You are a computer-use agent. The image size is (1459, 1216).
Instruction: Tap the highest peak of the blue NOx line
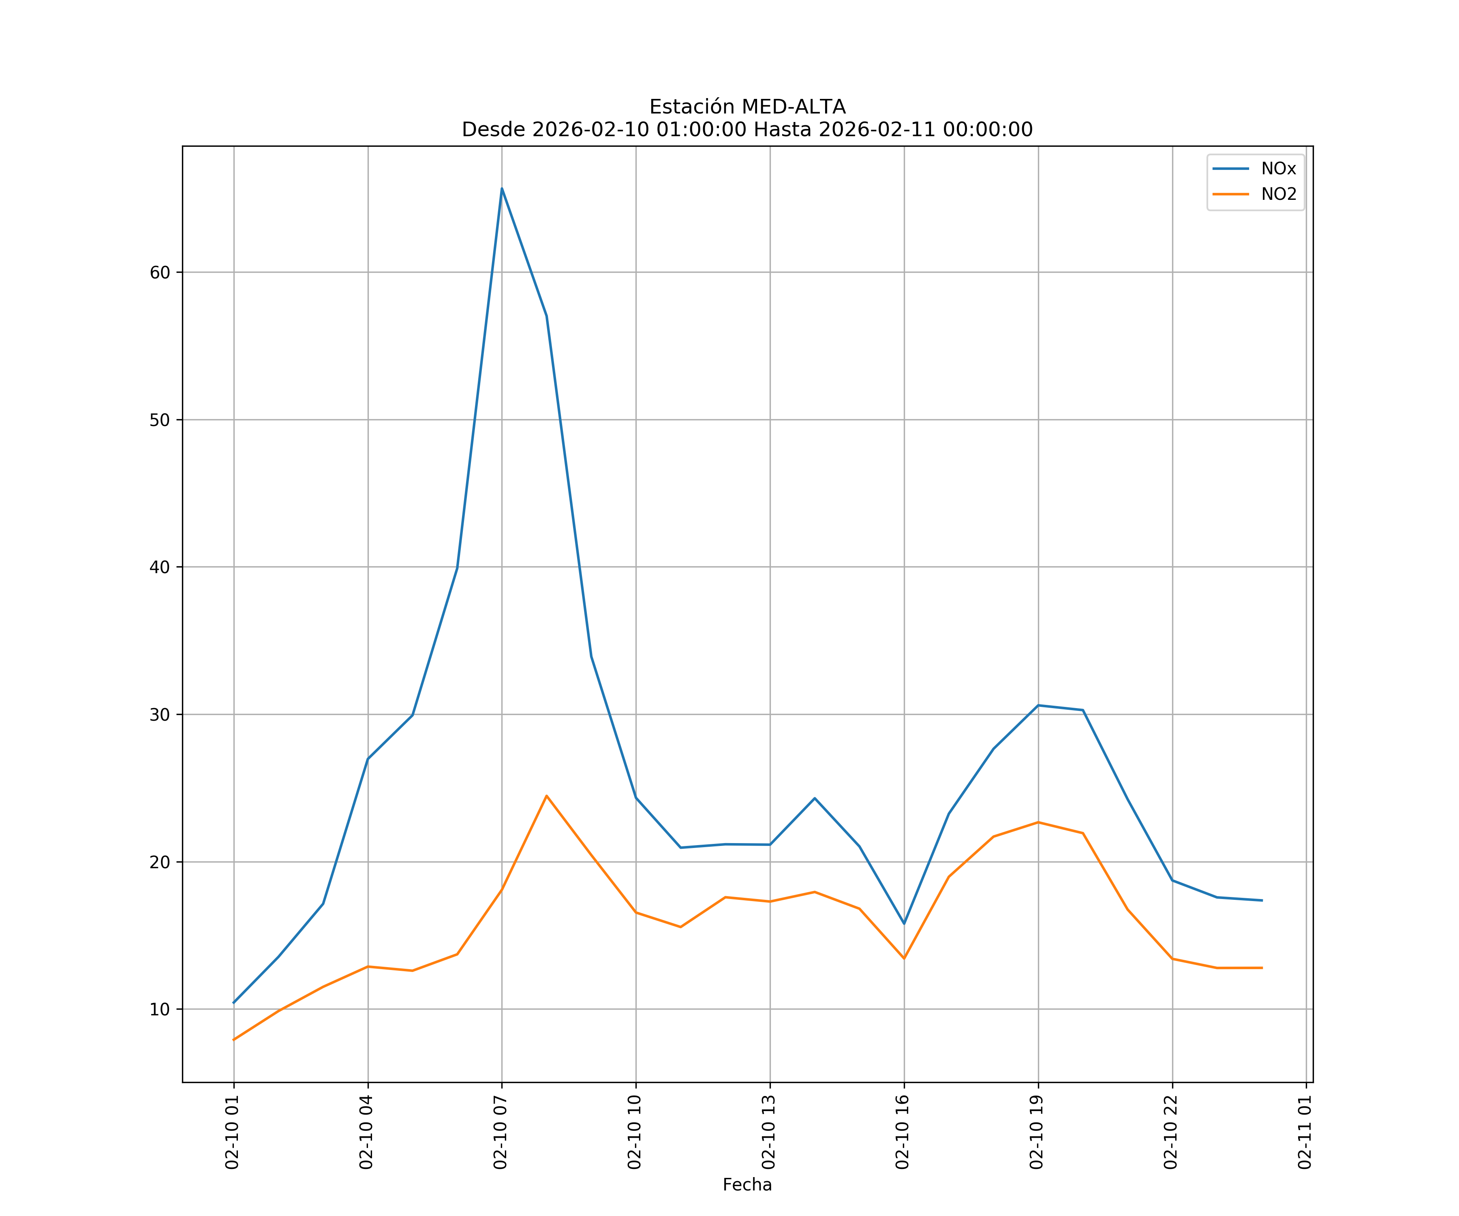pyautogui.click(x=502, y=188)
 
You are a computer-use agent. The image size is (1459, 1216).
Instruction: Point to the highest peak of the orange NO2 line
pyautogui.click(x=547, y=796)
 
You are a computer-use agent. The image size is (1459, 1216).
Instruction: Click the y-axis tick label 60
pyautogui.click(x=159, y=272)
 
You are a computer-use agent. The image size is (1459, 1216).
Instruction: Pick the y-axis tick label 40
pyautogui.click(x=159, y=567)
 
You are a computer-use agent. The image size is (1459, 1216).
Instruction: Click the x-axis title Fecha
pyautogui.click(x=747, y=1185)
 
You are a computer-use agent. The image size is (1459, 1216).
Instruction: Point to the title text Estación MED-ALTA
pyautogui.click(x=747, y=107)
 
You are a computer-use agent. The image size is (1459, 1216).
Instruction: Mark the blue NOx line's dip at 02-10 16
pyautogui.click(x=904, y=923)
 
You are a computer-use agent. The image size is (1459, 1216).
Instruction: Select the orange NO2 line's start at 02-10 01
pyautogui.click(x=234, y=1040)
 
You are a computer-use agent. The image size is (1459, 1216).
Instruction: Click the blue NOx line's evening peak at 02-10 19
pyautogui.click(x=1038, y=705)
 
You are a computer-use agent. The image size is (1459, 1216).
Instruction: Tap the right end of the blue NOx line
pyautogui.click(x=1262, y=901)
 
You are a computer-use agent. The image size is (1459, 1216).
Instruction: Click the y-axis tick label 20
pyautogui.click(x=159, y=862)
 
